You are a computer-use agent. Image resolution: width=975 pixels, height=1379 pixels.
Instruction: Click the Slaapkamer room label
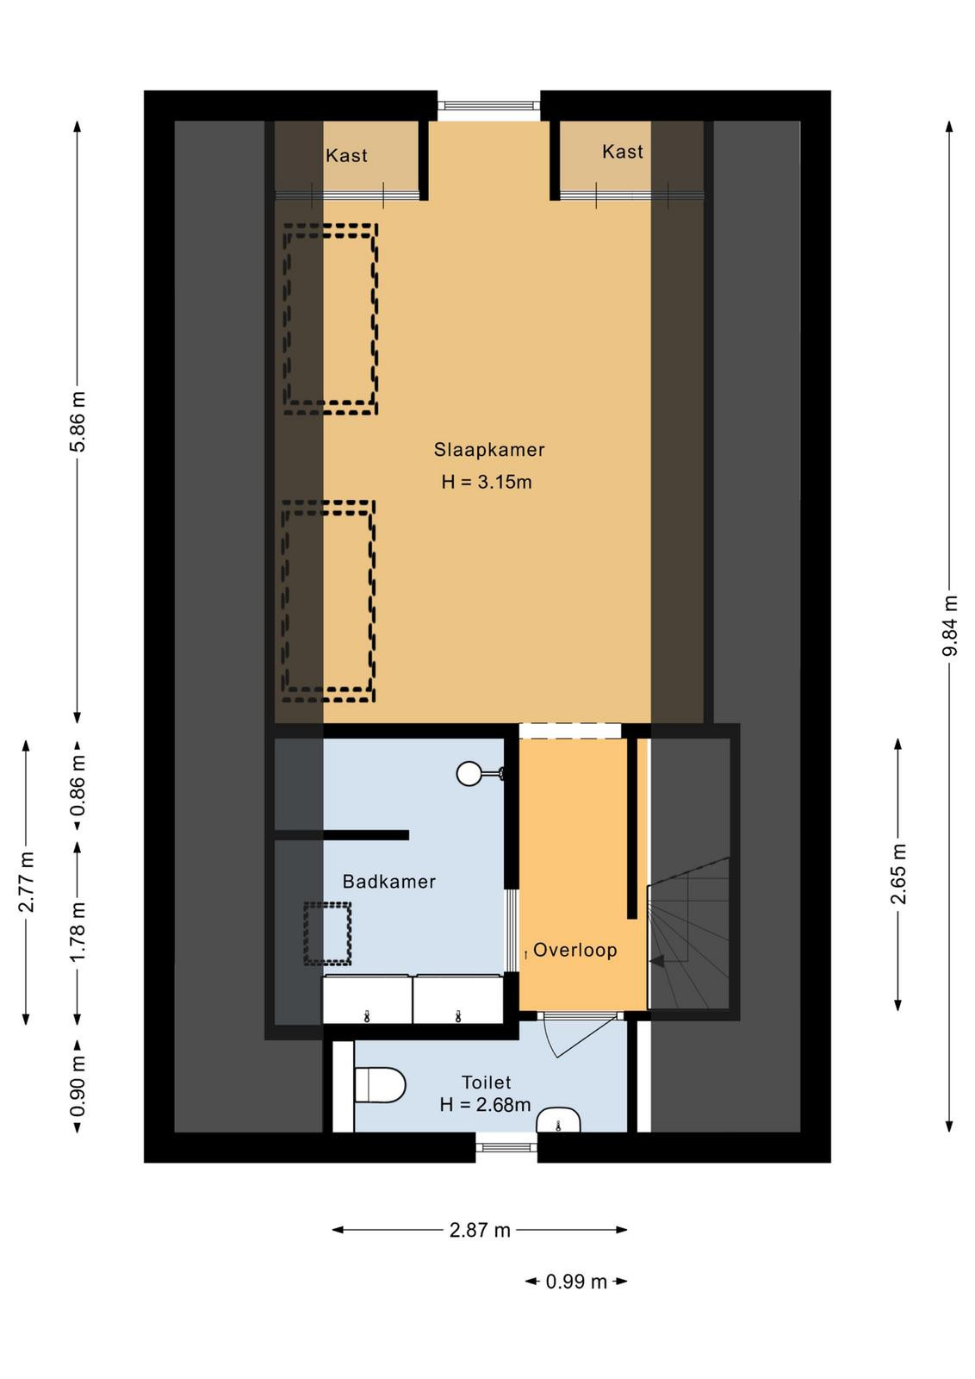[x=489, y=450]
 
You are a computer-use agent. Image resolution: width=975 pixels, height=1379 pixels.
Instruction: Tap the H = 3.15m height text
[x=487, y=482]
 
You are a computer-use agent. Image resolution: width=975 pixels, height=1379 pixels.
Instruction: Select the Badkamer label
[x=388, y=882]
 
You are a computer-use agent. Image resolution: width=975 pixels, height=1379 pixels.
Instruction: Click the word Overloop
[x=575, y=950]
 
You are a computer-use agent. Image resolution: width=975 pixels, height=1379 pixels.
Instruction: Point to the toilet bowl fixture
[x=380, y=1085]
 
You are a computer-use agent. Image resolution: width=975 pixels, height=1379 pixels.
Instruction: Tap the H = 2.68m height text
[x=486, y=1105]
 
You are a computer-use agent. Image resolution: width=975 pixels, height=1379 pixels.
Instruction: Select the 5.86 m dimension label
[x=78, y=421]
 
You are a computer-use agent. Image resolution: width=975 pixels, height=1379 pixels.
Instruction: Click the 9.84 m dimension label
[x=950, y=626]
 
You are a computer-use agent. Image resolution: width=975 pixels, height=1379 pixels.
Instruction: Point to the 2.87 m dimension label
[x=480, y=1230]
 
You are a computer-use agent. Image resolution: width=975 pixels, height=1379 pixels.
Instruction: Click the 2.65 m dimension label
[x=898, y=874]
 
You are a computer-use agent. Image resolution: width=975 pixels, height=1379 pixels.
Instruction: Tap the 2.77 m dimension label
[x=27, y=882]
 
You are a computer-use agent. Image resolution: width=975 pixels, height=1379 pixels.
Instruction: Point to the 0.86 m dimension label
[x=78, y=786]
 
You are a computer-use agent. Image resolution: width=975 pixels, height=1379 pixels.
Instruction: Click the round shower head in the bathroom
[x=469, y=774]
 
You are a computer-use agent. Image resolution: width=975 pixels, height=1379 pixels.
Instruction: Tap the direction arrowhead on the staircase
[x=657, y=960]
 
